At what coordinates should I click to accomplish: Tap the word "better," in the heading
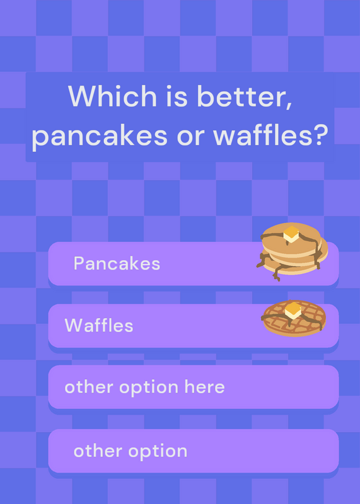[245, 97]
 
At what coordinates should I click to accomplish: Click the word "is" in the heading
[177, 96]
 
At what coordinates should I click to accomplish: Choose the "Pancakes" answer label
[117, 263]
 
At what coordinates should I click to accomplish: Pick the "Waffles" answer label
[99, 325]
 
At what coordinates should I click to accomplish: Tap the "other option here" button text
[144, 387]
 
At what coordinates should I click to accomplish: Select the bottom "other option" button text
[131, 451]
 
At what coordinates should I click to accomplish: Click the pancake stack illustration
[292, 251]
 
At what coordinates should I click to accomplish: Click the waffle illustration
[294, 318]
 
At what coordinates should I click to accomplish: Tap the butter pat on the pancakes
[291, 234]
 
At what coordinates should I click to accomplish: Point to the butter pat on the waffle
[293, 311]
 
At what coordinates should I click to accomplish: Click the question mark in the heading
[321, 134]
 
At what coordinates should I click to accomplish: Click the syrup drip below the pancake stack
[276, 274]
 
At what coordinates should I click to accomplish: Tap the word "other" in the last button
[98, 450]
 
